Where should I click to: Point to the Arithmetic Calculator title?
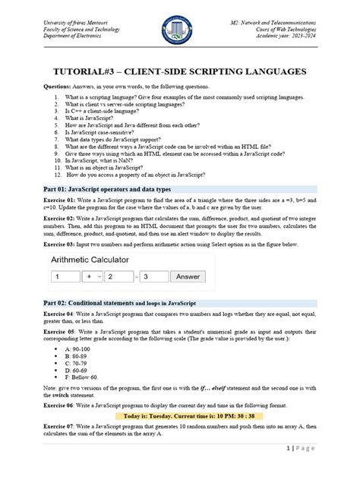point(94,259)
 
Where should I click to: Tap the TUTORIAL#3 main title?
point(179,71)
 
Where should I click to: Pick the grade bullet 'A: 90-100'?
point(84,349)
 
